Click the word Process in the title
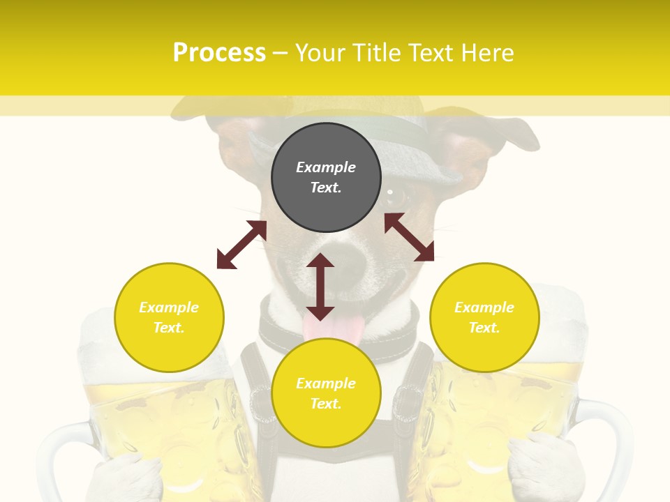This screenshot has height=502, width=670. click(x=219, y=53)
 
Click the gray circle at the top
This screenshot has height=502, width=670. click(x=326, y=178)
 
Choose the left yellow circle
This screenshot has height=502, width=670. click(x=169, y=317)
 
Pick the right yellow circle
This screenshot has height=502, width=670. click(x=484, y=317)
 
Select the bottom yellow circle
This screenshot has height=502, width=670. click(x=326, y=393)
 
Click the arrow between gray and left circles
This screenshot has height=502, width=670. click(x=241, y=245)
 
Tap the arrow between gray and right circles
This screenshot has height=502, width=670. click(x=409, y=237)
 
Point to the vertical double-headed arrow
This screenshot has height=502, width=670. click(x=320, y=287)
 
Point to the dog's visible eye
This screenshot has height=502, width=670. click(x=395, y=198)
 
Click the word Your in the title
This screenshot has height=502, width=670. click(x=322, y=53)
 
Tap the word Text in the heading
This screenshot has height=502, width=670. click(x=431, y=53)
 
